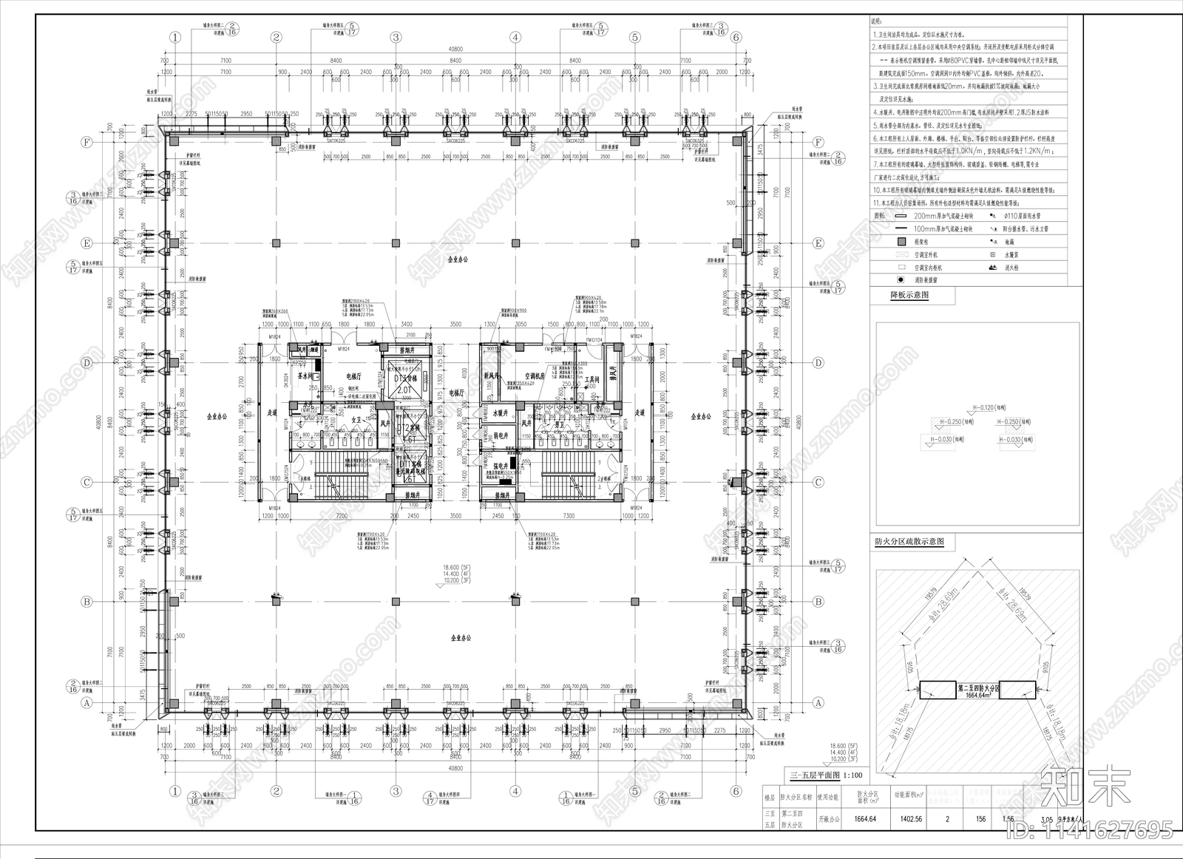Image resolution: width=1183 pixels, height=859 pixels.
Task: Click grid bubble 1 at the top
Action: [174, 37]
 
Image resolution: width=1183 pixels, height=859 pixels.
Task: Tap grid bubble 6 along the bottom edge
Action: [736, 790]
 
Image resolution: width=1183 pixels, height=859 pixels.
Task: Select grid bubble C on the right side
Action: [818, 482]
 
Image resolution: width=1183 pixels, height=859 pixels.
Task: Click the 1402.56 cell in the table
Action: [909, 818]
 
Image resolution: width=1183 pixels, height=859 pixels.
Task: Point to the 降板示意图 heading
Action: [910, 294]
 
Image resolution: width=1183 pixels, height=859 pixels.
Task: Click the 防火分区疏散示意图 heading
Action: [914, 543]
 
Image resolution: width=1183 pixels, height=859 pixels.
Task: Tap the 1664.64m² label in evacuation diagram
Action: [978, 695]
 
